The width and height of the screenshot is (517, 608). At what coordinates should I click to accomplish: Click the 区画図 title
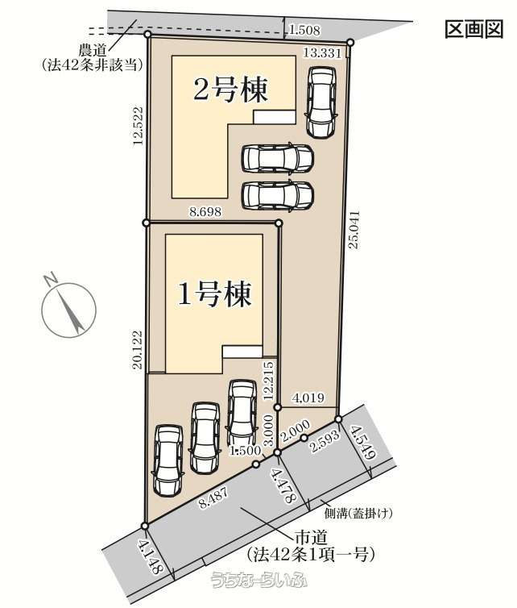coord(474,29)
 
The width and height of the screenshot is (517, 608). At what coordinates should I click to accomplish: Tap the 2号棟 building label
coord(230,90)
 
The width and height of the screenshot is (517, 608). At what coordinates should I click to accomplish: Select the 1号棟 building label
coord(214,294)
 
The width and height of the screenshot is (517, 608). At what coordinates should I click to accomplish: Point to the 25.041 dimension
coord(355,230)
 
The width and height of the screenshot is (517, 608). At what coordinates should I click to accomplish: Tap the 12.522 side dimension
coord(138,126)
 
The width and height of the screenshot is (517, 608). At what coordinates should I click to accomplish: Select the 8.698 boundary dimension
coord(205,211)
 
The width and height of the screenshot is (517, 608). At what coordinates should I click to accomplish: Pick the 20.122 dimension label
coord(139,350)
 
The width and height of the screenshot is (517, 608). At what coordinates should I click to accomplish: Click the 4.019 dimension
coord(308,398)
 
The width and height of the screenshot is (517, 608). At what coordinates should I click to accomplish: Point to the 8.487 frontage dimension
coord(213,498)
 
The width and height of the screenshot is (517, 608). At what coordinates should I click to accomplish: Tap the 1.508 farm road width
coord(304,31)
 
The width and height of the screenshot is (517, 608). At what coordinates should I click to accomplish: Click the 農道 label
coord(92,51)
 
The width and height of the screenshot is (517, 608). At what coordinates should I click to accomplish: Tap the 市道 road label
coord(312,538)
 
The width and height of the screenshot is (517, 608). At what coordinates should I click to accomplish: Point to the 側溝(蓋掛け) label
coord(358,514)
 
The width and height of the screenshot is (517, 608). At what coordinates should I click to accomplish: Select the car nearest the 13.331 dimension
coord(321,102)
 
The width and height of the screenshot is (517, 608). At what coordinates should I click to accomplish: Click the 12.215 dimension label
coord(270,381)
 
